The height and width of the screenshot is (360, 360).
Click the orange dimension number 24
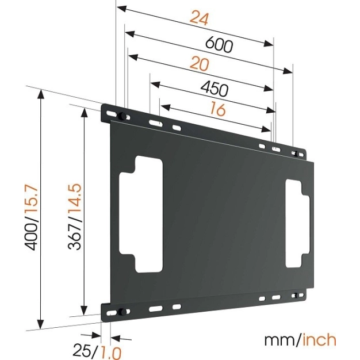pos(199,18)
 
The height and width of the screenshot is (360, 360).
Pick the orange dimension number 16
pos(218,109)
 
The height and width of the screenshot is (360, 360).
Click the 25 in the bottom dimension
pos(82,349)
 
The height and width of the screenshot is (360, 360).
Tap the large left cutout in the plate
pos(141,213)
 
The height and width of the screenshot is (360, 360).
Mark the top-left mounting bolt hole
pos(121,117)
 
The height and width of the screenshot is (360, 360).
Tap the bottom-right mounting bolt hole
pos(297,296)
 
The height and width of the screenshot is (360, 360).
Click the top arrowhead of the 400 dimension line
pos(41,94)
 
